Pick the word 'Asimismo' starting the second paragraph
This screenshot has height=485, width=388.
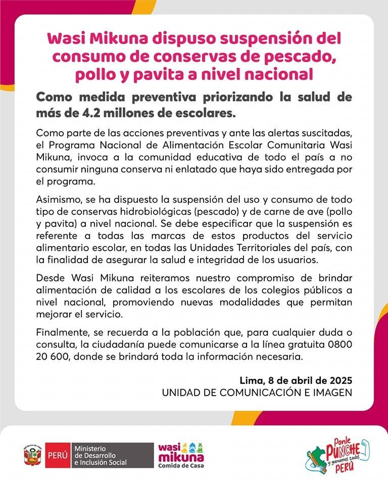pos(56,200)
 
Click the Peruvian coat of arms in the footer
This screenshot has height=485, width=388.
pos(31,455)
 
